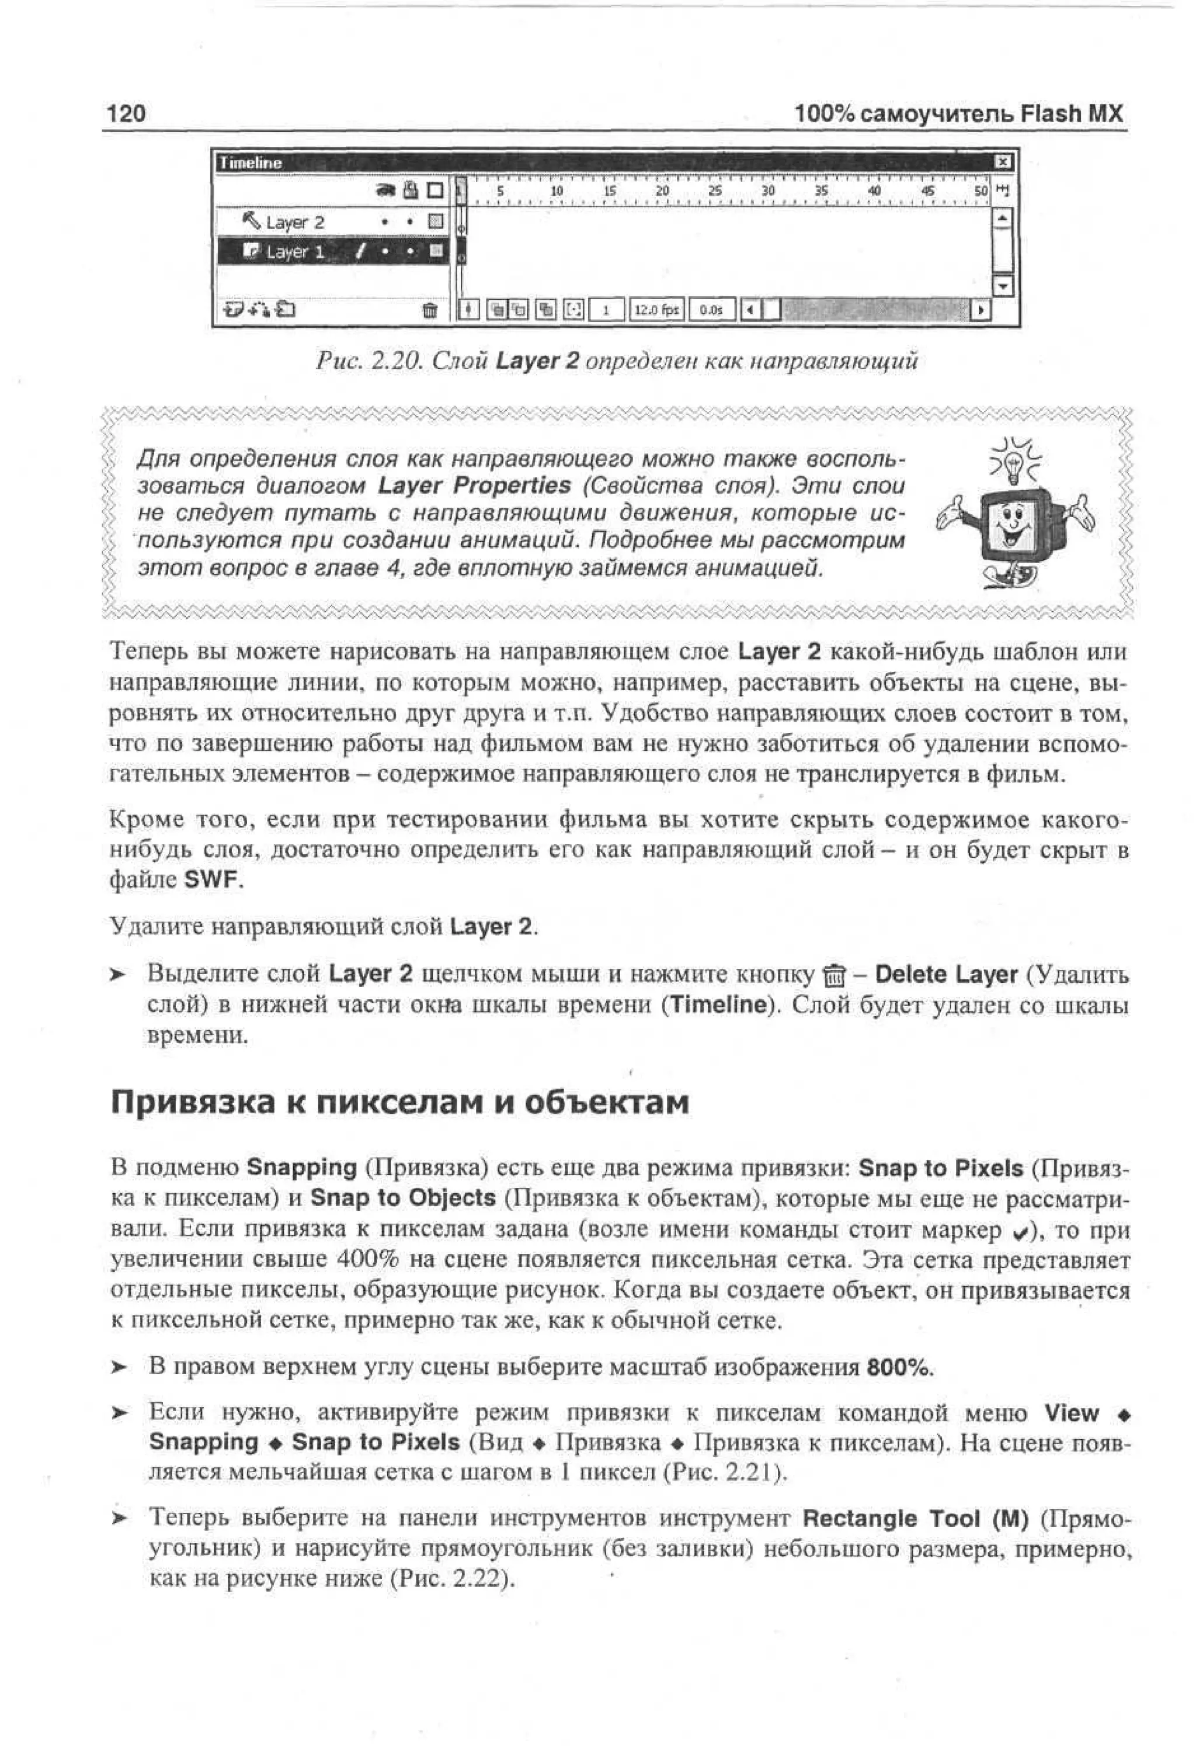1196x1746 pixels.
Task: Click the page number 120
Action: pyautogui.click(x=126, y=114)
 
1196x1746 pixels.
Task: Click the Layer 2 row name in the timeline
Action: pyautogui.click(x=294, y=223)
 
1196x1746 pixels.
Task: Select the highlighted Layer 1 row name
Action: pyautogui.click(x=294, y=252)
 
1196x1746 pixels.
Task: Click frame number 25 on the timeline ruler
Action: pyautogui.click(x=714, y=192)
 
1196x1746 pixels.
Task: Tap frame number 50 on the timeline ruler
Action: pyautogui.click(x=981, y=192)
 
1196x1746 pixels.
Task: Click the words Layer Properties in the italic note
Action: pyautogui.click(x=474, y=486)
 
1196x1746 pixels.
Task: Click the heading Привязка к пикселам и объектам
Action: pyautogui.click(x=399, y=1102)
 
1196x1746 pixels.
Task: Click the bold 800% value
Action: pyautogui.click(x=899, y=1367)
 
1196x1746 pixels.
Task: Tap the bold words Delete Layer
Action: pyautogui.click(x=946, y=975)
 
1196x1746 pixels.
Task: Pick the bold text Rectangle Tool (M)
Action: pyautogui.click(x=915, y=1518)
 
